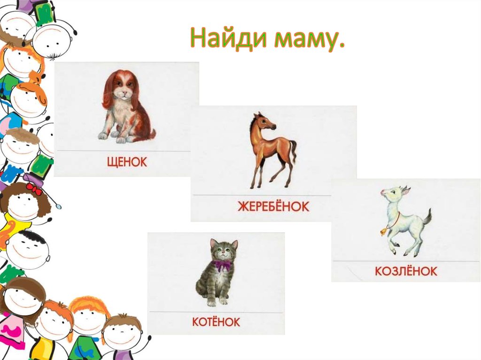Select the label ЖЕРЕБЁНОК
(x=273, y=206)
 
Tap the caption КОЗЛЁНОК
(x=406, y=271)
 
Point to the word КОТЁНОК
(x=216, y=322)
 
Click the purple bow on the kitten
(x=223, y=265)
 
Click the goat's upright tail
(x=427, y=217)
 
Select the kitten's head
(x=224, y=250)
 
